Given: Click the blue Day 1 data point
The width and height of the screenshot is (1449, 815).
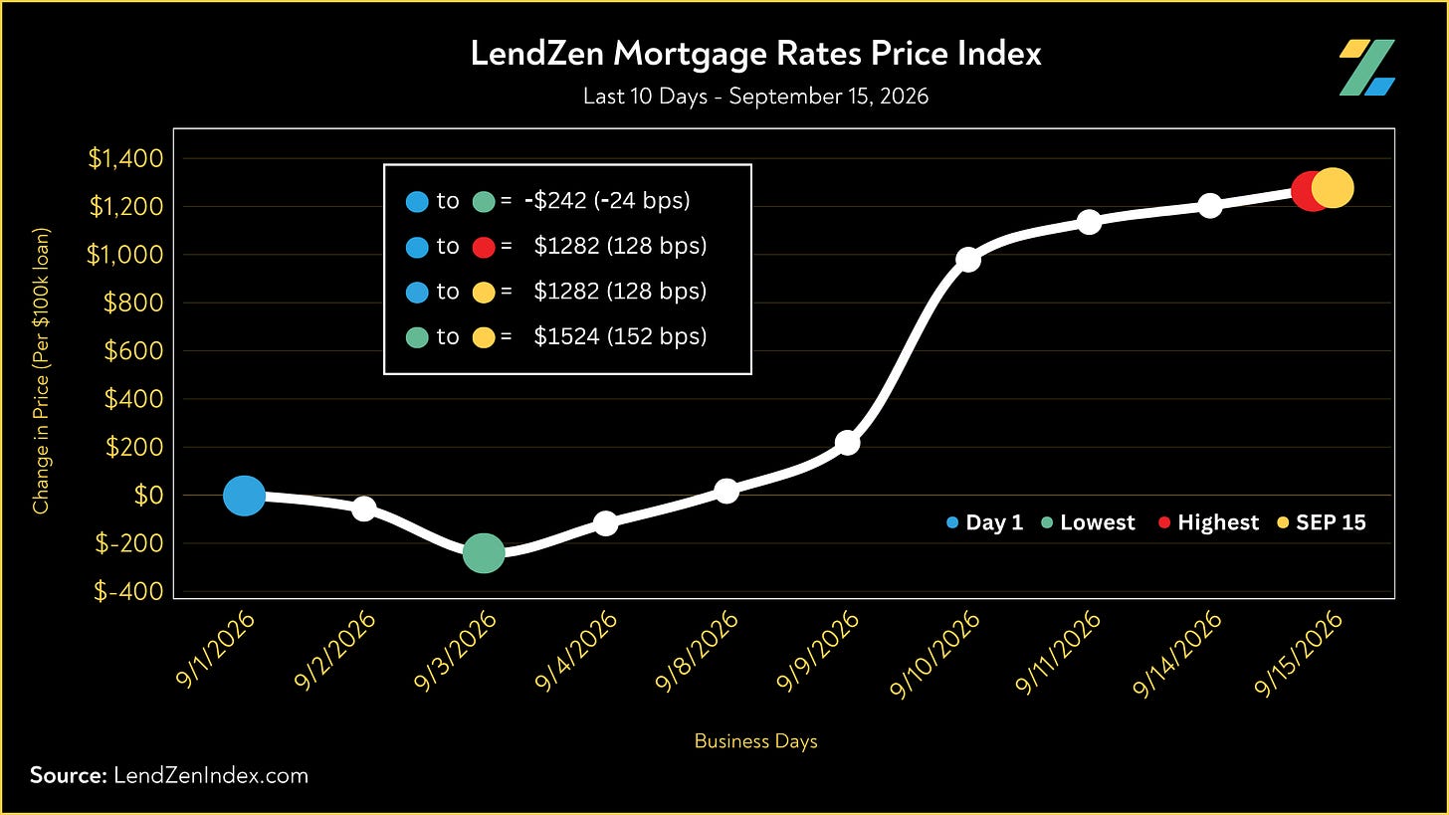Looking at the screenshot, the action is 244,496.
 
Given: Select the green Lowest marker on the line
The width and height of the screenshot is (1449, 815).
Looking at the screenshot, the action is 484,553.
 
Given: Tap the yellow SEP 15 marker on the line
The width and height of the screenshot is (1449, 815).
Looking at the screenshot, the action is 1333,188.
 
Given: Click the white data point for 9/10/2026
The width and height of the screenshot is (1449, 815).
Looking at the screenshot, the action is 967,260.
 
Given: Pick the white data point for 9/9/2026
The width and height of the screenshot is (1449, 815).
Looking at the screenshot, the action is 848,443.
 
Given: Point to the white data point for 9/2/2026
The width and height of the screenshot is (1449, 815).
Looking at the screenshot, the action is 364,509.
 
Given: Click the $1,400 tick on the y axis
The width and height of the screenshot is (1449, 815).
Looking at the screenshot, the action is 125,158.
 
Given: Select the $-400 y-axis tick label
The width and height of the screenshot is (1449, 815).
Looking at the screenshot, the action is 128,591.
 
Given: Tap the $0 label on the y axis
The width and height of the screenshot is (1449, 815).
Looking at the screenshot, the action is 148,496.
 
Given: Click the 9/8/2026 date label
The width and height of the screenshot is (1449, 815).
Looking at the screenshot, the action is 696,651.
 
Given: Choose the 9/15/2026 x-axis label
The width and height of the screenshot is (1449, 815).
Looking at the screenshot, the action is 1299,654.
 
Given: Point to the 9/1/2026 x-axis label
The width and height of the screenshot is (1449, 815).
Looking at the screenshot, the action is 215,650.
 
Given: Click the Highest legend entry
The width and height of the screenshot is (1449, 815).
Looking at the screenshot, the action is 1208,522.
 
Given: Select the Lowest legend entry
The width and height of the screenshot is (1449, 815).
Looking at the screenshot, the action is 1088,522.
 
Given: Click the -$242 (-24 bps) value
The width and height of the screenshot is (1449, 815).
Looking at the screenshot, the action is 607,201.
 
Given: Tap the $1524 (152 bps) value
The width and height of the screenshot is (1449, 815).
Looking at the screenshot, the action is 620,336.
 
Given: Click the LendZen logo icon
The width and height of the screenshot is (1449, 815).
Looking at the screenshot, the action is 1366,68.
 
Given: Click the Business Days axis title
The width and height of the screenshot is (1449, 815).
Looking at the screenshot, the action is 755,741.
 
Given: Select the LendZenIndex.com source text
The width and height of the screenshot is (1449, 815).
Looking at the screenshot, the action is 211,775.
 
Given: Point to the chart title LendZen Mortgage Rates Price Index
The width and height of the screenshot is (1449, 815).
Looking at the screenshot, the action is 755,53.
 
